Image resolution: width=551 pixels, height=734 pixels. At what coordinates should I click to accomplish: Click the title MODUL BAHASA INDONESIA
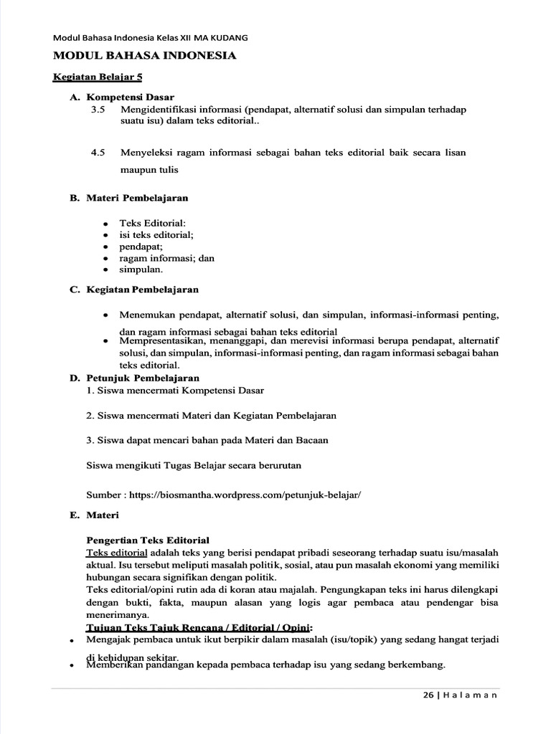(x=145, y=55)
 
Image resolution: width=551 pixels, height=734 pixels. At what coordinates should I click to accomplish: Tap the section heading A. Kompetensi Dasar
(x=122, y=97)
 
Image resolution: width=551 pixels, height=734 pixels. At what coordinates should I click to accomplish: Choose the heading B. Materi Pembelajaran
(x=129, y=197)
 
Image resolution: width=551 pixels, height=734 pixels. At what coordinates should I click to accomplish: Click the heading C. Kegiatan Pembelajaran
(x=134, y=290)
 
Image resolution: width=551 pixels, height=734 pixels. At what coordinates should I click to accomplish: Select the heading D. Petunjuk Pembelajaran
(x=134, y=378)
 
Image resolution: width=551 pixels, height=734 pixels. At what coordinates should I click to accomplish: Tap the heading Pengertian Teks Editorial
(x=148, y=540)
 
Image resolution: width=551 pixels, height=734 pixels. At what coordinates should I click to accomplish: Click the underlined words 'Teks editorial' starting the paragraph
(x=117, y=553)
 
